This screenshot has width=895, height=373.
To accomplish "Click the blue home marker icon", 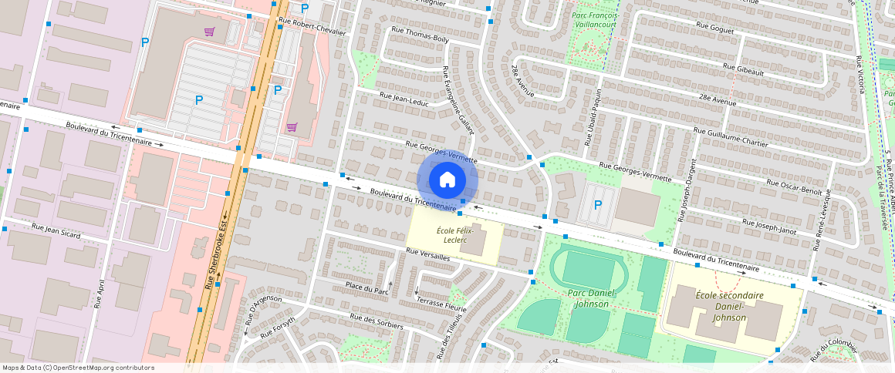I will (x=447, y=180).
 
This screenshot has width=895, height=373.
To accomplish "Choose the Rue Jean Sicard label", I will (x=56, y=229).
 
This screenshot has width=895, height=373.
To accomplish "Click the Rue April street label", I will (x=98, y=294).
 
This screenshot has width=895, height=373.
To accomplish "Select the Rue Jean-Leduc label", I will (x=403, y=98).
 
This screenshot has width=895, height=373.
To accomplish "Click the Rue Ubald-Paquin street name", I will (x=593, y=116).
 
